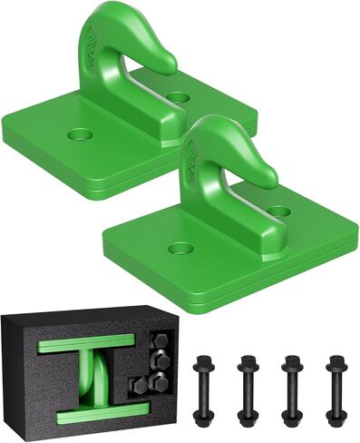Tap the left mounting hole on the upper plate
point(80,135)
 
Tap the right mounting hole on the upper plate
point(179,96)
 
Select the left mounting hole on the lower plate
point(180,248)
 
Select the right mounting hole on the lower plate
point(278,211)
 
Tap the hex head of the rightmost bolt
point(336,362)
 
